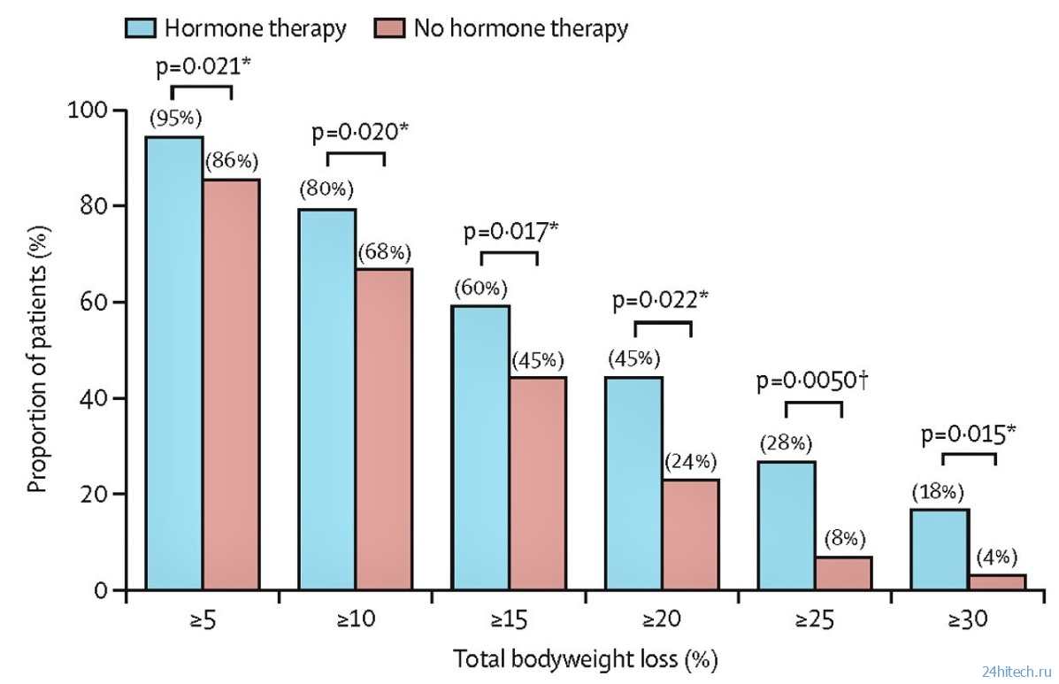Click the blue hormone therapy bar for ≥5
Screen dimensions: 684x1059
pyautogui.click(x=175, y=363)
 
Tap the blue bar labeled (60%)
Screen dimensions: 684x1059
pyautogui.click(x=480, y=447)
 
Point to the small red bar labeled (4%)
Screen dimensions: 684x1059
pyautogui.click(x=996, y=581)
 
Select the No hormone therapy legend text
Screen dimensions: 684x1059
pyautogui.click(x=520, y=27)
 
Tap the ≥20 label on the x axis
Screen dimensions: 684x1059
pyautogui.click(x=663, y=619)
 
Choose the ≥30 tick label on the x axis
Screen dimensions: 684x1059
pyautogui.click(x=968, y=619)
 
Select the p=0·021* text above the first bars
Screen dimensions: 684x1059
pyautogui.click(x=201, y=67)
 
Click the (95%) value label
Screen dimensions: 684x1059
pyautogui.click(x=174, y=119)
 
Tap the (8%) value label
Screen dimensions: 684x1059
pyautogui.click(x=844, y=538)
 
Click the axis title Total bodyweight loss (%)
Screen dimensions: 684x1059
pyautogui.click(x=585, y=659)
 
